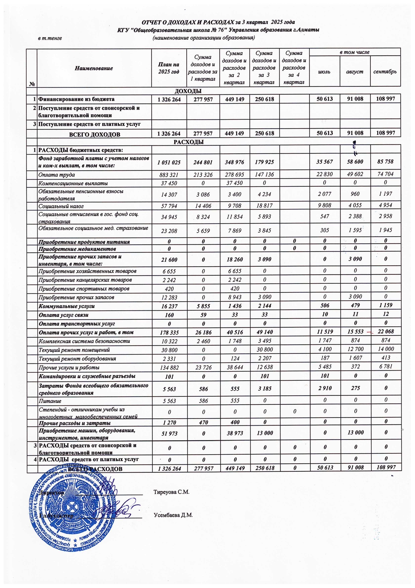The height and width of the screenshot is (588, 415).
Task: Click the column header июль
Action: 324,72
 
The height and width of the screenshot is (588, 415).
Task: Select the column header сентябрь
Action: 385,72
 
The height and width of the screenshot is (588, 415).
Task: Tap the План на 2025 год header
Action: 169,68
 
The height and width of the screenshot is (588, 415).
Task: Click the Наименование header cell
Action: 94,68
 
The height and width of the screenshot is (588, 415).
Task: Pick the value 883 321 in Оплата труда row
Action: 169,175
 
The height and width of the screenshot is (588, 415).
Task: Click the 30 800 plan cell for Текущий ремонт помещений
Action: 169,350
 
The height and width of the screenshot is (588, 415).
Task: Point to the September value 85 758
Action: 386,161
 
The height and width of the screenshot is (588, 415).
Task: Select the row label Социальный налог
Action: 61,206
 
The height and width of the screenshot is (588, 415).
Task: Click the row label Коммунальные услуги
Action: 67,306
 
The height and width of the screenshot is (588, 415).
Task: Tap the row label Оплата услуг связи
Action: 64,315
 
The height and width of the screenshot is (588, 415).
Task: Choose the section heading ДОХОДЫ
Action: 188,91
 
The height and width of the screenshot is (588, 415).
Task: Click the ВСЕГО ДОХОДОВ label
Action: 94,135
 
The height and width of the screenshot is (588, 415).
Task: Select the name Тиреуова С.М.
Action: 171,492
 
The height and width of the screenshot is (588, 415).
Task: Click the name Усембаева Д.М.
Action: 173,515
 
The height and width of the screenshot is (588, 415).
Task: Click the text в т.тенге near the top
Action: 50,38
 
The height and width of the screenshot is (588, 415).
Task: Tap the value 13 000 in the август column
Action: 355,433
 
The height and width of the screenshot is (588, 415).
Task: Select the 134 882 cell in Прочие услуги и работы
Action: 169,368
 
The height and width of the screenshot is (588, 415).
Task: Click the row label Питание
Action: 50,401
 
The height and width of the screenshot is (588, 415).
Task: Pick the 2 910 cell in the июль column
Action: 324,388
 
